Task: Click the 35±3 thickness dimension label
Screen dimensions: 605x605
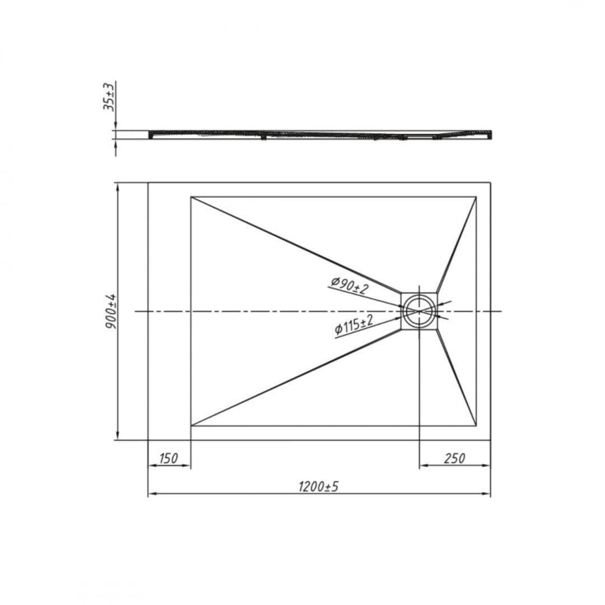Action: coord(109,96)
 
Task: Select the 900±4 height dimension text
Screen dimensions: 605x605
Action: coord(110,311)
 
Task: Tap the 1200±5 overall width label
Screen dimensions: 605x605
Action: coord(318,487)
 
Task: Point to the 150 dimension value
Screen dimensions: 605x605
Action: coord(169,458)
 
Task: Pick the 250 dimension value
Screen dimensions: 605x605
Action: coord(454,458)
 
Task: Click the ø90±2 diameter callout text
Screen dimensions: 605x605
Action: coord(350,285)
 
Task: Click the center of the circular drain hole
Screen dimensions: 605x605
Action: coord(419,311)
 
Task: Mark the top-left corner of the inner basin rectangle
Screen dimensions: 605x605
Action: coord(191,197)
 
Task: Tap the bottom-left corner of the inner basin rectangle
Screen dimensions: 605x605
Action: coord(191,426)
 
